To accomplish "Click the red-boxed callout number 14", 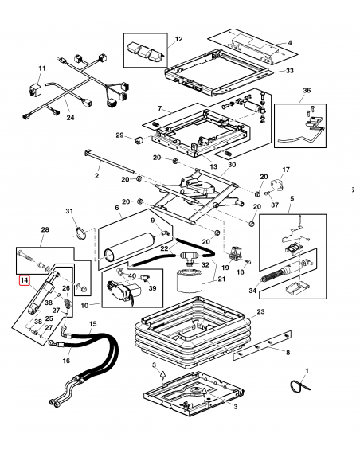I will tap(25, 280).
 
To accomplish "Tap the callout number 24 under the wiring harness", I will tap(69, 119).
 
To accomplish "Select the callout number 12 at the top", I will tap(178, 39).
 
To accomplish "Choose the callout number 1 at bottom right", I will tap(310, 372).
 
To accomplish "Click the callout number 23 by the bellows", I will tap(261, 312).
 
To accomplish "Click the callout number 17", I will tap(288, 170).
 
